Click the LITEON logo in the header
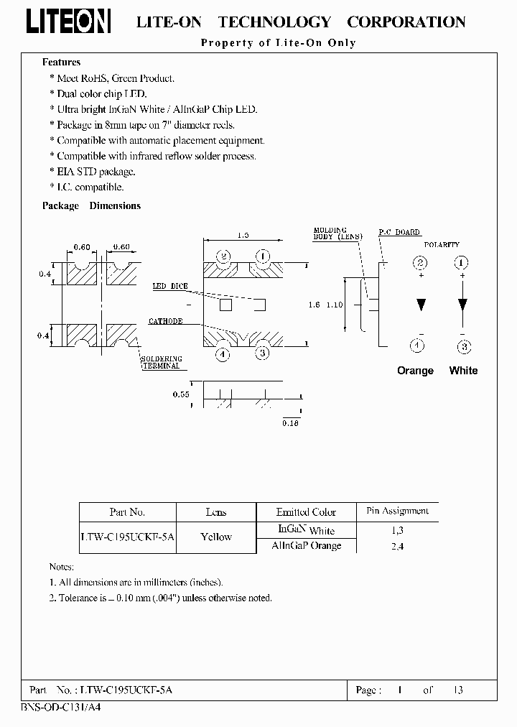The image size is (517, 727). [68, 22]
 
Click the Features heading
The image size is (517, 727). [61, 62]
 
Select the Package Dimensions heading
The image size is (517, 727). [91, 205]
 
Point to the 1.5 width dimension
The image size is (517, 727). [243, 235]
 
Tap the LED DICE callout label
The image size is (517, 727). [169, 286]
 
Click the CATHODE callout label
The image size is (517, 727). [165, 321]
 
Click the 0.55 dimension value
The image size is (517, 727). [180, 395]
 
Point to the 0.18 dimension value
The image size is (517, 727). [290, 424]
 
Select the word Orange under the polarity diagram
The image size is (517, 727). [415, 371]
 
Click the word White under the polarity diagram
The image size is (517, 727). [463, 371]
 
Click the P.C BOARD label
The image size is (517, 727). [399, 233]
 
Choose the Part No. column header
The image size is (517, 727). [127, 512]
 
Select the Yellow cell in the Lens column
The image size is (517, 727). [216, 537]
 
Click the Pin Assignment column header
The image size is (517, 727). [397, 511]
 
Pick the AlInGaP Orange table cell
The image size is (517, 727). [306, 546]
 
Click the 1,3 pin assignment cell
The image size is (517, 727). [397, 530]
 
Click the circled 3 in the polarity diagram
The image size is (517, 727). [464, 346]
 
